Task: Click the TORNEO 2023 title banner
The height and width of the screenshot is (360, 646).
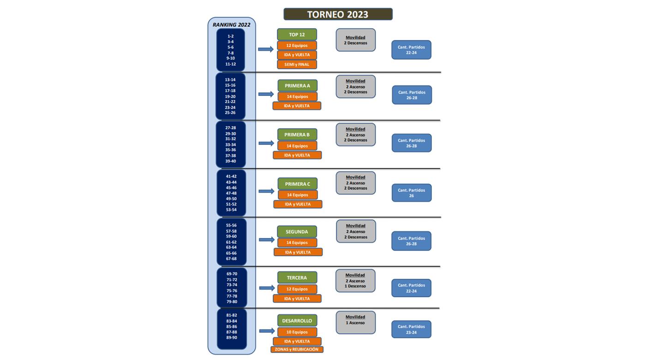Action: click(338, 14)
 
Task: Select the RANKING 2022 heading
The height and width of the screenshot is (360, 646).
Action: click(231, 25)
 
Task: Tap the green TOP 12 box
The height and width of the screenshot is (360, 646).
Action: click(297, 35)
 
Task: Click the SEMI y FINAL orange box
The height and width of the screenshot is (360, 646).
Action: click(297, 65)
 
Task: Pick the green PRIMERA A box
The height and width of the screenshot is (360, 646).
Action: click(297, 86)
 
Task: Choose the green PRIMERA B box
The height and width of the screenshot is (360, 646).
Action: click(297, 135)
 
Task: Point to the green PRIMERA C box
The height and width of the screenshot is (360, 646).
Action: click(297, 184)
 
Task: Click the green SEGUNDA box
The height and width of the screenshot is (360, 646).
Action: click(297, 232)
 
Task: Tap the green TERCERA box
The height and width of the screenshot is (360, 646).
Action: click(297, 278)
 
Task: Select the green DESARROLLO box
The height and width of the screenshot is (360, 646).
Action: click(297, 321)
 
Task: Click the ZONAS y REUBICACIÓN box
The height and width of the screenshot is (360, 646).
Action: click(297, 349)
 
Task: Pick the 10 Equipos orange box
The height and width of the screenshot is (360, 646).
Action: click(297, 332)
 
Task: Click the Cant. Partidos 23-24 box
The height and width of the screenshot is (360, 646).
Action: click(411, 330)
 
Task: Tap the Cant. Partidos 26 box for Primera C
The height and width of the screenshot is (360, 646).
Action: click(411, 193)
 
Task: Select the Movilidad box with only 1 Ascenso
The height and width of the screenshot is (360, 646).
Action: click(355, 322)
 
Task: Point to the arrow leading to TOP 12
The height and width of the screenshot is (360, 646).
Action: click(266, 49)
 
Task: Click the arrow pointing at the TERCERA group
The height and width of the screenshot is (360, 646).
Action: click(267, 288)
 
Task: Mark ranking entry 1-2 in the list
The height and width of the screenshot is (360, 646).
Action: click(230, 36)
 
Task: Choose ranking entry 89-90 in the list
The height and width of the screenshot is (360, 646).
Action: click(232, 338)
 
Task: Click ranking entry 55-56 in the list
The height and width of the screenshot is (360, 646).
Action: click(231, 226)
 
